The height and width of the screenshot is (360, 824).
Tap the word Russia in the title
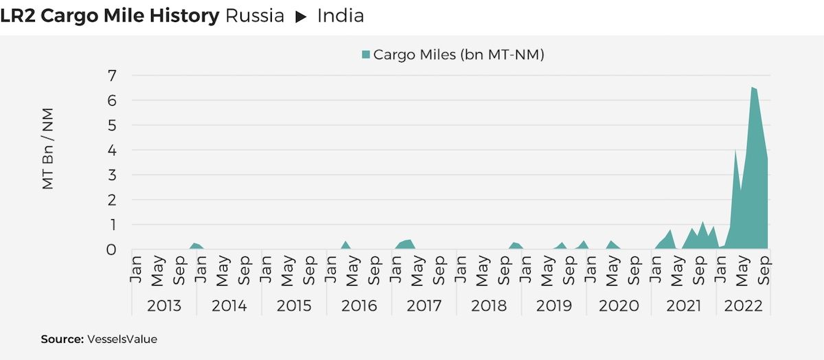(254, 15)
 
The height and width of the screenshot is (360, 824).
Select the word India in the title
(340, 15)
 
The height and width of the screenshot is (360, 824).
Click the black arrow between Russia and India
(301, 16)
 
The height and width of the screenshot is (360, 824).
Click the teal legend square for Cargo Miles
(365, 55)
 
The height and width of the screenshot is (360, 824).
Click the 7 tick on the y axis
(111, 75)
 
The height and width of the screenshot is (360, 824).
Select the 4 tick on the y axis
(111, 150)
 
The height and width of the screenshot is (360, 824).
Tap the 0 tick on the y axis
(111, 249)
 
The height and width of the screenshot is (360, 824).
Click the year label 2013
(164, 306)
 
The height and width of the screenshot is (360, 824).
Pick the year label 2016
(359, 306)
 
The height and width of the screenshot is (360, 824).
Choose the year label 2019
(553, 306)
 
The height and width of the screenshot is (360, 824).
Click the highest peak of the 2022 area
(753, 88)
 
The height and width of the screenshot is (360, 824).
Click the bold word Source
(61, 339)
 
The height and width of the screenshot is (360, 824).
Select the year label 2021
(684, 306)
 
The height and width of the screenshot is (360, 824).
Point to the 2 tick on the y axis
(111, 200)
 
